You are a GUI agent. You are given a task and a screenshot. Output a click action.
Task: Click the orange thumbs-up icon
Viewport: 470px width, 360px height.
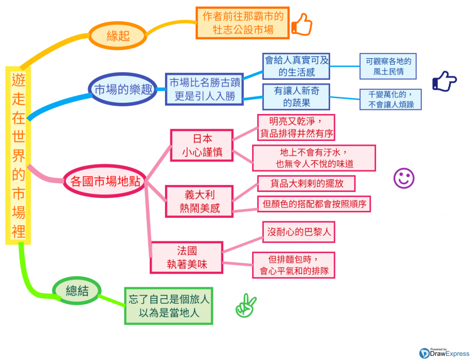301,24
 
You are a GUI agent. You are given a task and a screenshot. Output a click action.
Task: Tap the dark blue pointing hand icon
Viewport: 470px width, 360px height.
444,82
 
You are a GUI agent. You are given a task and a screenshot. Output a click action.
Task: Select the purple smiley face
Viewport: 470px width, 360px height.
404,178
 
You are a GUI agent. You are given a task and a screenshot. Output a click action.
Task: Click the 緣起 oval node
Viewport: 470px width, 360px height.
118,35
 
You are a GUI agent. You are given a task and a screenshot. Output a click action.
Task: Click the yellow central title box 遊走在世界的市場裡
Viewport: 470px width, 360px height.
19,154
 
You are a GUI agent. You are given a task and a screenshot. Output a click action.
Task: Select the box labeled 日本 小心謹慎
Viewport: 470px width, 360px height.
202,145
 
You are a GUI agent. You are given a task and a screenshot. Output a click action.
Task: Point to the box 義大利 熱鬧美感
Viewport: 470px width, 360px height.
200,200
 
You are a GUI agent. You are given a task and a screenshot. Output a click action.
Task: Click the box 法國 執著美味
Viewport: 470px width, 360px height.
186,257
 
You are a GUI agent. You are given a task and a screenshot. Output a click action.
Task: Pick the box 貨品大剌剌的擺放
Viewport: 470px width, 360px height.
306,183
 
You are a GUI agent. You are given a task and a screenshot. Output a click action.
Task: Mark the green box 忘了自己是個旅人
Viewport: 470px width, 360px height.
169,305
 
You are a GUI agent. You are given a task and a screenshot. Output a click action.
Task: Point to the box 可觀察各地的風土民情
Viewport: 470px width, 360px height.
388,66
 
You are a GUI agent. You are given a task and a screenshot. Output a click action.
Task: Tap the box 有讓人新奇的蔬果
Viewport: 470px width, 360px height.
295,96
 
